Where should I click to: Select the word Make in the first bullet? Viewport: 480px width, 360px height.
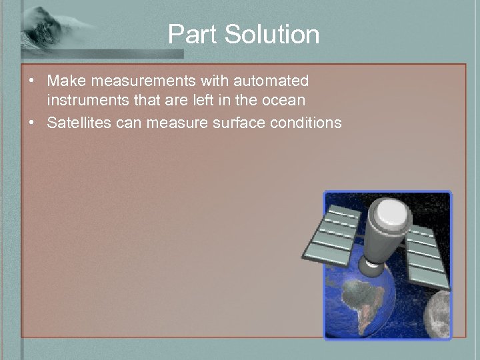pyautogui.click(x=63, y=81)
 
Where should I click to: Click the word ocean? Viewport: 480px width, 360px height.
pyautogui.click(x=285, y=101)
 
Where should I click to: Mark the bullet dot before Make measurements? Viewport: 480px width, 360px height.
pyautogui.click(x=31, y=81)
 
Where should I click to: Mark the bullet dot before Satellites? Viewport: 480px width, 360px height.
pyautogui.click(x=31, y=123)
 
